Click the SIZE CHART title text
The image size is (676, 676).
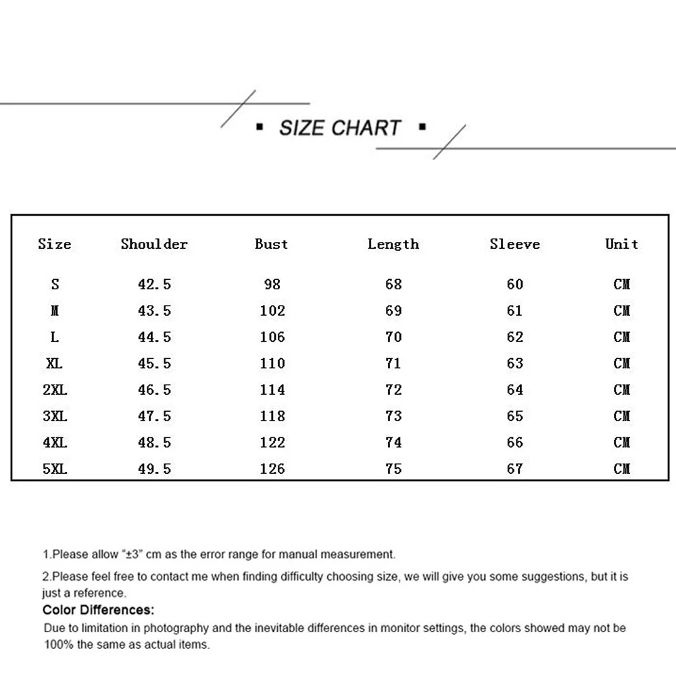[340, 128]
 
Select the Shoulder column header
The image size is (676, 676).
[154, 244]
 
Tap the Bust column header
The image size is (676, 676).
[272, 244]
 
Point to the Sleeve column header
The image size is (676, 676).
[515, 244]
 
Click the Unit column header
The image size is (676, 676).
[622, 244]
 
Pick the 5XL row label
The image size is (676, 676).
[55, 468]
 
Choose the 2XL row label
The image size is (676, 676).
[55, 389]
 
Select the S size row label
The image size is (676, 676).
[55, 285]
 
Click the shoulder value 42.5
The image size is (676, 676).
[154, 285]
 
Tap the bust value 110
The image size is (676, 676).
[272, 363]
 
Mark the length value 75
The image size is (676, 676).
[393, 468]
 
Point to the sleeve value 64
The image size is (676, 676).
[515, 389]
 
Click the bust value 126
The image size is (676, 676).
[272, 468]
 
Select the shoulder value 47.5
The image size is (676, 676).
[154, 416]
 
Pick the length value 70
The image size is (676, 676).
[393, 337]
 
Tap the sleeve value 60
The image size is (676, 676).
[515, 285]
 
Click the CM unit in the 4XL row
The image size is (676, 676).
[622, 442]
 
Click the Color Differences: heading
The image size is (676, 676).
[99, 610]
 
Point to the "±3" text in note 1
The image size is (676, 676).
[131, 555]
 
